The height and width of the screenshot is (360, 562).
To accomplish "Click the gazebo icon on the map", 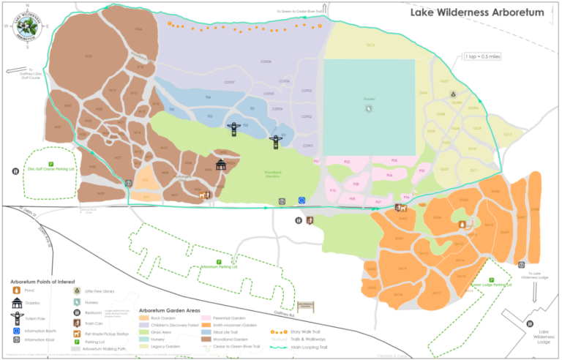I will coord(221,165).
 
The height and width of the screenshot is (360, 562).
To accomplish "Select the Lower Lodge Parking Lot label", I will coord(491,284).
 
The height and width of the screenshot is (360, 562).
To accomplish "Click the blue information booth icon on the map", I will coord(301,200).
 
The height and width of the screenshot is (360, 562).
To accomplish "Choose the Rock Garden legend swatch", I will coord(144,318).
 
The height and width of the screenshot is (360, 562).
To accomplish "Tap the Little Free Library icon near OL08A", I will coord(453,94).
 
